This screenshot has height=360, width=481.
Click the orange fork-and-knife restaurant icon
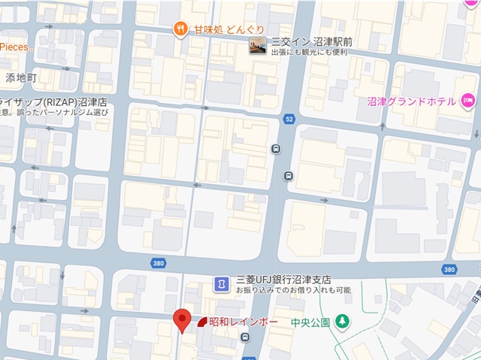180,29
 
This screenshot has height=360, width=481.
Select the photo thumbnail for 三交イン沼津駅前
258,47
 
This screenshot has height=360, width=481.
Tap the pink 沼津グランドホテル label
413,101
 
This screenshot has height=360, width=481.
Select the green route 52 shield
289,119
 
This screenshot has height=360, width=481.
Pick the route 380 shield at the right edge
449,269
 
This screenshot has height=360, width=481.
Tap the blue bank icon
222,283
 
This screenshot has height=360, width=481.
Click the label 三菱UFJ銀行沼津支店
283,278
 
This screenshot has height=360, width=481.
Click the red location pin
181,320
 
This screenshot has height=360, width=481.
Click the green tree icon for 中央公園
343,322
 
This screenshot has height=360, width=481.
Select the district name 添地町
21,77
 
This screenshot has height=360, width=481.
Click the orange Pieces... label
17,47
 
